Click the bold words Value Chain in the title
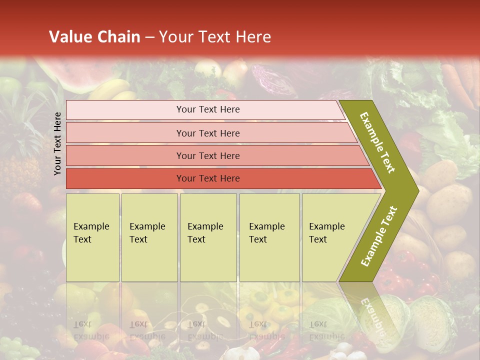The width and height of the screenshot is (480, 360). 94,37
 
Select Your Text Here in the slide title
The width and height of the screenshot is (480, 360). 215,37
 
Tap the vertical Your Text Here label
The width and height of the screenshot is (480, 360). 57,143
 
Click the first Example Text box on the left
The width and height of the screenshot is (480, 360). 92,237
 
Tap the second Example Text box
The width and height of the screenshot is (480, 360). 149,237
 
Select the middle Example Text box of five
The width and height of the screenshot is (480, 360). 208,237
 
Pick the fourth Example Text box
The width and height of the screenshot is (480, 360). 269,237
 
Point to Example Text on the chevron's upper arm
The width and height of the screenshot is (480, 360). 377,142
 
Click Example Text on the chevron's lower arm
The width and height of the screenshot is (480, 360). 379,236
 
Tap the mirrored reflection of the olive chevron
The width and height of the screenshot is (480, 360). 370,310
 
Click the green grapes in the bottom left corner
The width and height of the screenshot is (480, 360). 15,347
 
